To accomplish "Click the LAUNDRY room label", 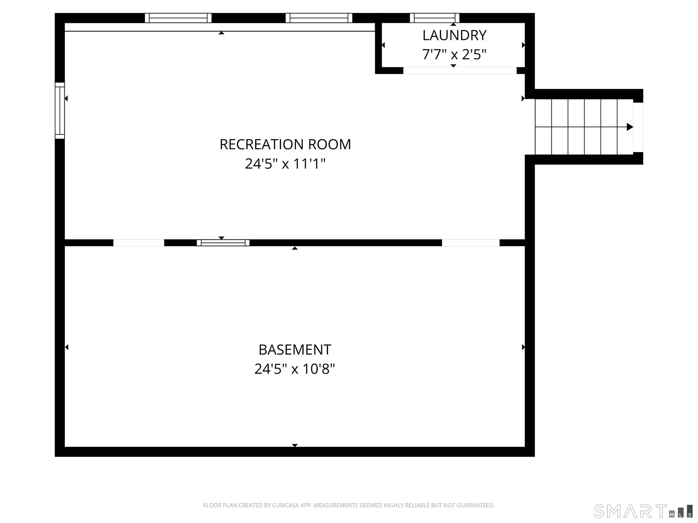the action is [454, 35].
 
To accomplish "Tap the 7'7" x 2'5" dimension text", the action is [454, 54].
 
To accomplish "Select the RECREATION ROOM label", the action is [285, 144].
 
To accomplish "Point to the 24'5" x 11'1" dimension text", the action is [285, 164].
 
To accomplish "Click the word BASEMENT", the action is [295, 350].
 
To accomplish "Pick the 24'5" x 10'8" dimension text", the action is [295, 369].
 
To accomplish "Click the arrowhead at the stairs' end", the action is [630, 127].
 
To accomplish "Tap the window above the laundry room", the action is [435, 18].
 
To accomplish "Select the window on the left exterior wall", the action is [60, 111].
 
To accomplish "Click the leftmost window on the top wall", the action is [178, 18].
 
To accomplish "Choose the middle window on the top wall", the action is [319, 18].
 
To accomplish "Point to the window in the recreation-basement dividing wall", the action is [223, 243].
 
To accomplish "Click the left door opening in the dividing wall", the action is [139, 243].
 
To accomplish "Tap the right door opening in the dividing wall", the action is [471, 243].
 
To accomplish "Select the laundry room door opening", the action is [460, 70].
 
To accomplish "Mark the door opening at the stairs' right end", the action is [638, 127].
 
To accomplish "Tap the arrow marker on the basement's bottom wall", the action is [295, 445].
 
